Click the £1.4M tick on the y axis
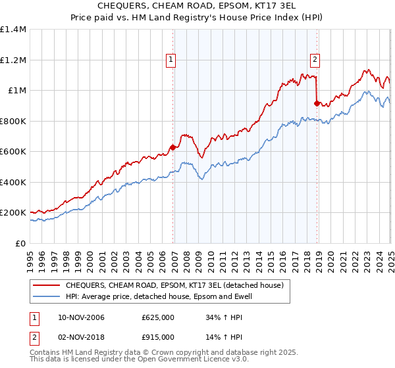[x=13, y=30]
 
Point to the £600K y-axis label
[x=13, y=152]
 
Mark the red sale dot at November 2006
[x=173, y=148]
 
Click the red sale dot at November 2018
[x=317, y=104]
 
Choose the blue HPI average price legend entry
[x=158, y=296]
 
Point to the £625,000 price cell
[x=158, y=317]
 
